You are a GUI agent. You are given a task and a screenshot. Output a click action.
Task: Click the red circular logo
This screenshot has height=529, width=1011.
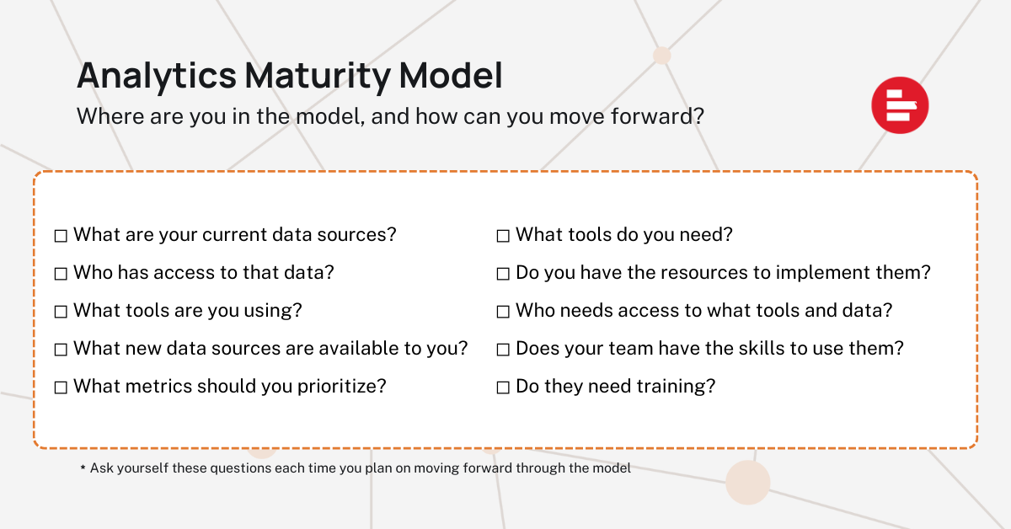tap(900, 105)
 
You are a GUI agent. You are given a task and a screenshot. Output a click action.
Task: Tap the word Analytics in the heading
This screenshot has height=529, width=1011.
tap(156, 77)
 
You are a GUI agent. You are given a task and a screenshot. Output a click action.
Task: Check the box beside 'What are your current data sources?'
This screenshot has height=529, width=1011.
tap(61, 236)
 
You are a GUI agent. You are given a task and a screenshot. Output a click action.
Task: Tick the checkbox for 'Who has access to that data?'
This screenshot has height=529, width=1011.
tap(61, 274)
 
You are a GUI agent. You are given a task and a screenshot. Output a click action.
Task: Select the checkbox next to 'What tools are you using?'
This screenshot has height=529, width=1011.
tap(61, 312)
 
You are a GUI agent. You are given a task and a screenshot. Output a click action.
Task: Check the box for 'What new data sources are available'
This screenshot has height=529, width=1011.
tap(61, 350)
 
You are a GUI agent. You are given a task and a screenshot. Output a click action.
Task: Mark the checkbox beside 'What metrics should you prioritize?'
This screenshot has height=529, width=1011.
tap(61, 387)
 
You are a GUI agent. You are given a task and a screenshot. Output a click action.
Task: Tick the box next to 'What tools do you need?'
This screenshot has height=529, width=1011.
tap(503, 236)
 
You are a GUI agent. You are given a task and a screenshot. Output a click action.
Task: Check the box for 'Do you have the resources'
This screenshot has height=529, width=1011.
tap(503, 274)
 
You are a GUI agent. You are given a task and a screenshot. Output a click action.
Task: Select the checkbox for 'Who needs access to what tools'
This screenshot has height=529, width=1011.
tap(503, 312)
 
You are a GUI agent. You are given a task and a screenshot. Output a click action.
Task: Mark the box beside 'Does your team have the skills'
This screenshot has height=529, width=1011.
tap(503, 350)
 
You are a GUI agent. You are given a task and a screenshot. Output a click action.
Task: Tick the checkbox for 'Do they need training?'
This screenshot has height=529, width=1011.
tap(503, 387)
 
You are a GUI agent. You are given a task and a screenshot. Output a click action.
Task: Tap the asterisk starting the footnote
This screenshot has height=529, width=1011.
tap(83, 468)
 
